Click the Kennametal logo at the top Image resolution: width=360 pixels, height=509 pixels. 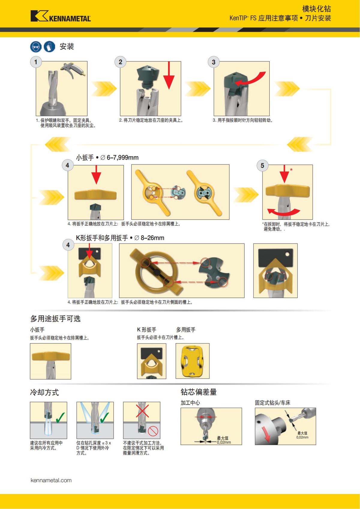60,16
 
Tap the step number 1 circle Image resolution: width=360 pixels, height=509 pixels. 36,62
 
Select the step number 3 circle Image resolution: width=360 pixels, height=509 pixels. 214,62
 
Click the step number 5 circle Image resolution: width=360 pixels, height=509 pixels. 262,166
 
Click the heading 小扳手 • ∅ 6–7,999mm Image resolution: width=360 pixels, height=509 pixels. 107,157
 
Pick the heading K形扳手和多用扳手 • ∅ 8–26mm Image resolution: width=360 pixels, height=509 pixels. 120,238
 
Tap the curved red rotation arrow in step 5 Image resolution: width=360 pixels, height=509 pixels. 283,211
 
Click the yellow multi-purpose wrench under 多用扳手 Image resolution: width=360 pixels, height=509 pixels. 192,361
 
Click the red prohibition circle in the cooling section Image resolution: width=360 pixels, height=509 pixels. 153,432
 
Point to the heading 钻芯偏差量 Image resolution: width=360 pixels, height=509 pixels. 199,392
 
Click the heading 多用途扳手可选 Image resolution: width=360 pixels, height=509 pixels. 55,319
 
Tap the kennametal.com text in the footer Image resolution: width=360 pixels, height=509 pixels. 51,480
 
